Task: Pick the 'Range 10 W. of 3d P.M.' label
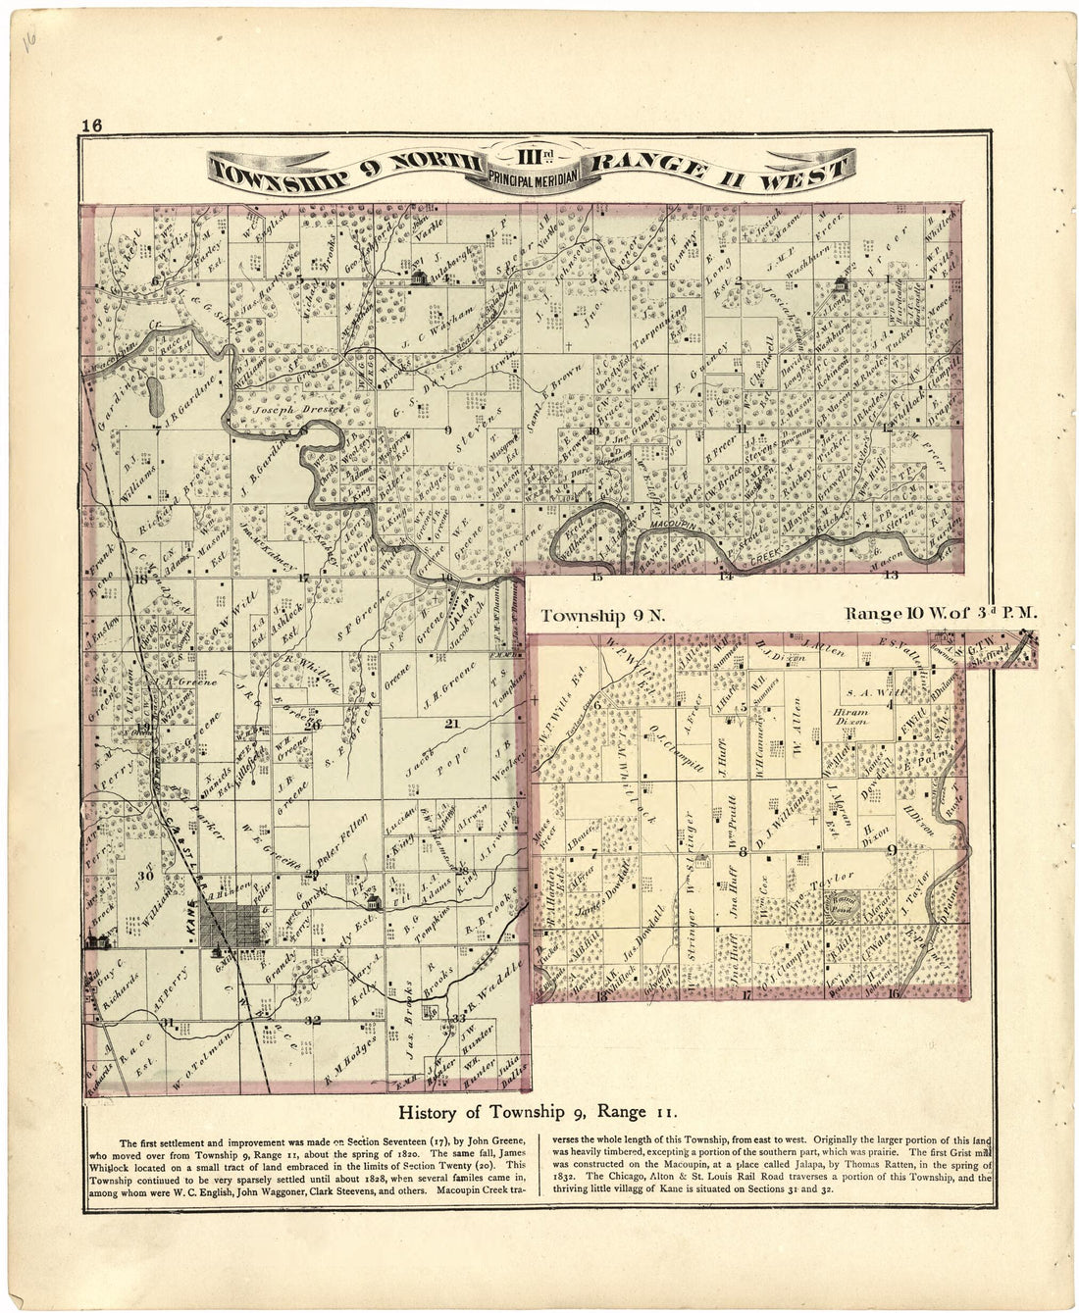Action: (941, 614)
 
